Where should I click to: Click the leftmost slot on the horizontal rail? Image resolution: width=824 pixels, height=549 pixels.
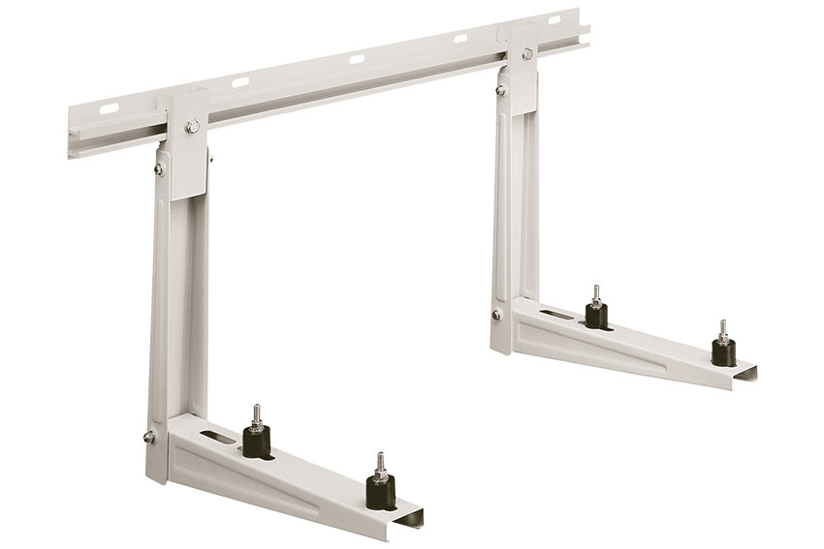click(109, 108)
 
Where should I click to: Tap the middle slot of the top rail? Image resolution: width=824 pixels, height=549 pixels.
click(357, 59)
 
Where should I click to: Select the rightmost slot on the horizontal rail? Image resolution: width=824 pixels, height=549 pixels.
click(555, 19)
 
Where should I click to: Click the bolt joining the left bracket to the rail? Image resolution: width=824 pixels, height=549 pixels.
click(193, 125)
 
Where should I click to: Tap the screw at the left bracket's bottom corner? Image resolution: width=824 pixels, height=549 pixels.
click(149, 437)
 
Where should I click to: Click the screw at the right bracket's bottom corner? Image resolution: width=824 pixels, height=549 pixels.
click(496, 315)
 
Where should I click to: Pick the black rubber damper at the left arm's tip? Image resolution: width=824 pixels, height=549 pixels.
click(380, 491)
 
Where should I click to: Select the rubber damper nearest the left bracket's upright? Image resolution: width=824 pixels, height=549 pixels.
click(257, 442)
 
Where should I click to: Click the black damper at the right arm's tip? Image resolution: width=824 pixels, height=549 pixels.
click(723, 351)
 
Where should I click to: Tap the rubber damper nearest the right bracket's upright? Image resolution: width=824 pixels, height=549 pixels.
click(596, 315)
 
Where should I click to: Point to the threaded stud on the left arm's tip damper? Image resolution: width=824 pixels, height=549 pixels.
click(380, 464)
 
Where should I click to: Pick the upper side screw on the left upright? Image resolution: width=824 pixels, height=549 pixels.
click(159, 169)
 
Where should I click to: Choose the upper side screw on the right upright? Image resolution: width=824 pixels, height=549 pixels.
click(500, 90)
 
